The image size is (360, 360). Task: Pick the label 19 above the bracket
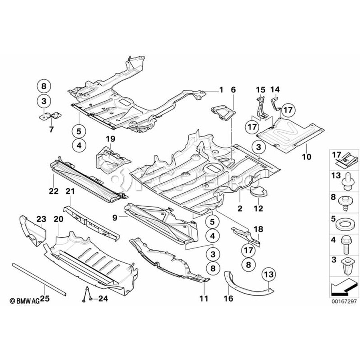coord(110,139)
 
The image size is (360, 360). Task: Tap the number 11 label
coord(204,298)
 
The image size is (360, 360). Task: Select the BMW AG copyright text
coord(25,301)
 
